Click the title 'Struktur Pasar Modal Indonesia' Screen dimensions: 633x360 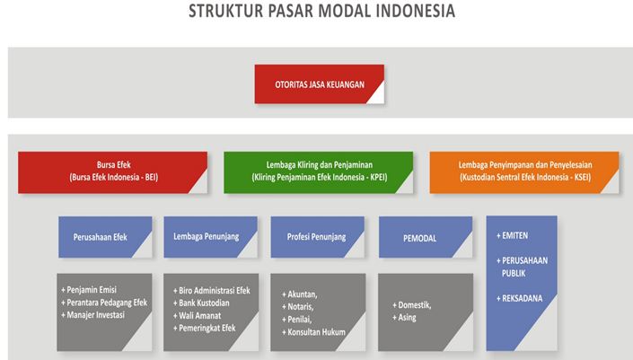point(321,11)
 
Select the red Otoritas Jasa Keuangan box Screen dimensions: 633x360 point(320,84)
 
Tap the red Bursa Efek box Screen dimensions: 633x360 point(112,172)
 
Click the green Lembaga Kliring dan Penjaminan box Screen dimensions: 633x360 point(319,172)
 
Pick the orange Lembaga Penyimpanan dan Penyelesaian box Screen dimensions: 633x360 point(524,172)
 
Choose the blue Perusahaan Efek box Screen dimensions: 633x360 point(105,237)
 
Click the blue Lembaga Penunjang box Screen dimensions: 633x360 point(211,237)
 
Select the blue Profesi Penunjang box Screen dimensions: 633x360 point(318,237)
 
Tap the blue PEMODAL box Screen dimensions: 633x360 point(426,237)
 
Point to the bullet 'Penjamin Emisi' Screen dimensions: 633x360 point(89,290)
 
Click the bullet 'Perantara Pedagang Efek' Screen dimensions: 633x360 point(104,303)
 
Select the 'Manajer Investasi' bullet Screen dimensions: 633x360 point(92,315)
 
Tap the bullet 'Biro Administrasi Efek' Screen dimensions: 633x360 point(212,291)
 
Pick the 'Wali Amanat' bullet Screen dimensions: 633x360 point(197,316)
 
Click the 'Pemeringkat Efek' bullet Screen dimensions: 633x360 point(205,328)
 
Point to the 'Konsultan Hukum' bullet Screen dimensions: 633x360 point(313,332)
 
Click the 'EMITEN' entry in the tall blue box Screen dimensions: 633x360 point(513,236)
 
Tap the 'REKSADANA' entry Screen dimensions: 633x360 point(520,299)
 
